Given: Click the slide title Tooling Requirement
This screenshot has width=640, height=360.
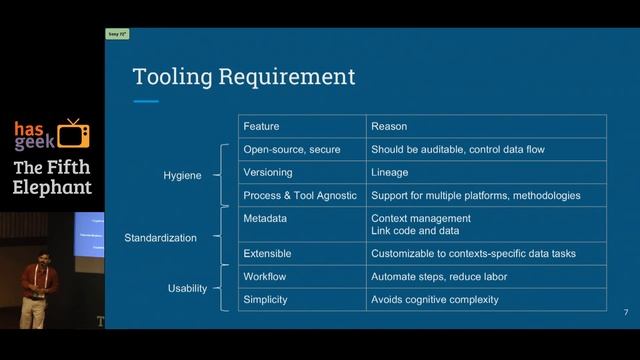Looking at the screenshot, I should [x=244, y=76].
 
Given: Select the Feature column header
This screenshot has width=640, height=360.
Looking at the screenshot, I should [x=261, y=127].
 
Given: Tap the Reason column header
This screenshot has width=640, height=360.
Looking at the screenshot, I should [x=389, y=127].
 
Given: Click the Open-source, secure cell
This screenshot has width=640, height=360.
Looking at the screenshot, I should [x=292, y=150].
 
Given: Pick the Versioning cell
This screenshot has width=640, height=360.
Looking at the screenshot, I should [x=268, y=172].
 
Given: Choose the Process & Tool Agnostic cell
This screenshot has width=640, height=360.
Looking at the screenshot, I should [x=300, y=195].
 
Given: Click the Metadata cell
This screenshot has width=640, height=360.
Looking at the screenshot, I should [x=266, y=218].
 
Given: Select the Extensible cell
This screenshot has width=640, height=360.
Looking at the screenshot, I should [x=268, y=254].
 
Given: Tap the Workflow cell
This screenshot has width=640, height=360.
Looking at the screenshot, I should [x=265, y=276].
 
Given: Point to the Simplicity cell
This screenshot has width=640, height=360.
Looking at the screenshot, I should [x=266, y=299].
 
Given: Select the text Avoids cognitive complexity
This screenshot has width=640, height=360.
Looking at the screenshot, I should [x=434, y=299].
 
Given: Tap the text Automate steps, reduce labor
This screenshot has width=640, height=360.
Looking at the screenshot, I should [x=439, y=276].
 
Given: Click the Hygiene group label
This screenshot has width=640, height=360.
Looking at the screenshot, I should [x=182, y=176].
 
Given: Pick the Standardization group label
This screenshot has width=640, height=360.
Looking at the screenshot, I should [x=160, y=238].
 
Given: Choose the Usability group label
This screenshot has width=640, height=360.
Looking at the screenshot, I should [x=187, y=289].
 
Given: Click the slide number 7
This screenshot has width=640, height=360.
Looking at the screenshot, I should [x=626, y=314].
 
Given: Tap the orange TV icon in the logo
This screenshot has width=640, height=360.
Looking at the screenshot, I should [x=73, y=133].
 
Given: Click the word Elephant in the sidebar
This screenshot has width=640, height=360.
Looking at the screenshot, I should [x=52, y=187].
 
